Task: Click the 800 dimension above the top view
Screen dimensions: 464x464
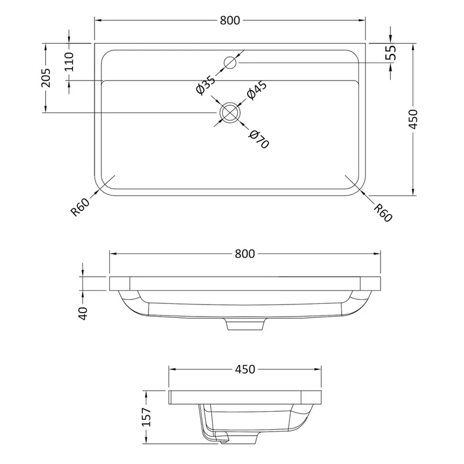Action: (x=230, y=20)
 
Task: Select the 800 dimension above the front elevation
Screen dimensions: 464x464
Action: (x=245, y=254)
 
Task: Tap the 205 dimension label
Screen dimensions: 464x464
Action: (x=46, y=78)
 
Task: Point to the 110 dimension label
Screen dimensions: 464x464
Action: (x=69, y=61)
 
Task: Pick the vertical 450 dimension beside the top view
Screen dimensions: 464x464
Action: (x=413, y=119)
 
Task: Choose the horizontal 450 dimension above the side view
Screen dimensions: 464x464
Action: (x=245, y=369)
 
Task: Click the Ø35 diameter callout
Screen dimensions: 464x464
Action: (x=206, y=85)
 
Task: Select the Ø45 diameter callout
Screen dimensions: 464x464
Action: (x=256, y=90)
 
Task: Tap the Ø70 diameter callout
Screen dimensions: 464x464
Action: (x=259, y=139)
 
